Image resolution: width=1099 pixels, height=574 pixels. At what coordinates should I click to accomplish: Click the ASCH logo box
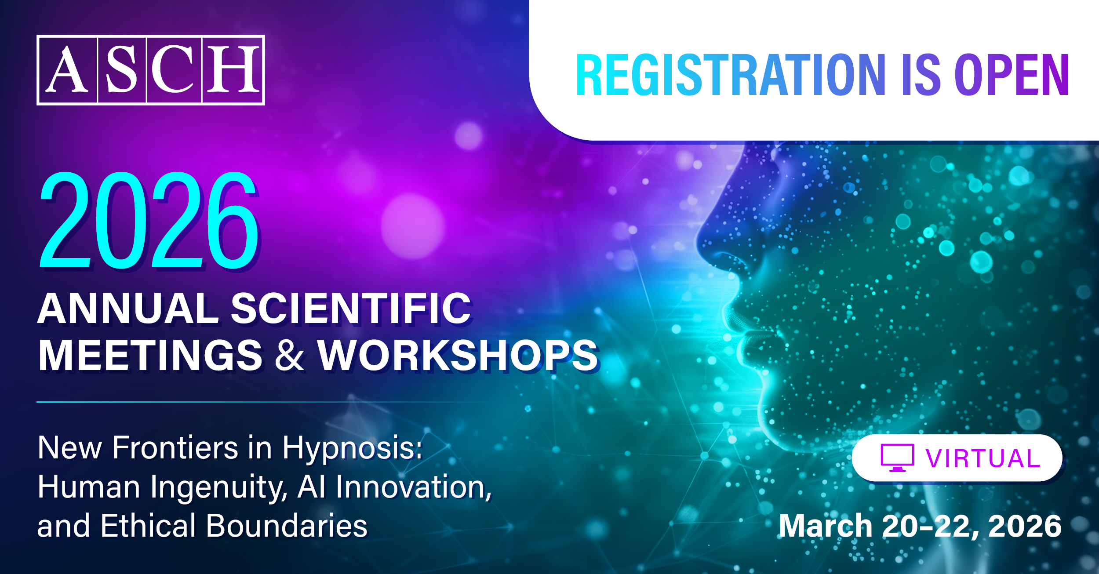click(150, 70)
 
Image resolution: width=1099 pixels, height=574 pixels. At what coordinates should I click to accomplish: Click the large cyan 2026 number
click(149, 220)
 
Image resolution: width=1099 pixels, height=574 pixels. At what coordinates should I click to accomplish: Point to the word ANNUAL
click(128, 309)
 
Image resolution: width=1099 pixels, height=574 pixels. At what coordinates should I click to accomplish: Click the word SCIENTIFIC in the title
click(351, 309)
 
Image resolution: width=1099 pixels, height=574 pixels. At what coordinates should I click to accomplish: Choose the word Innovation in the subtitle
click(414, 487)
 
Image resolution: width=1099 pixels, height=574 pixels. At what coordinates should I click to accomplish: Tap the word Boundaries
click(287, 526)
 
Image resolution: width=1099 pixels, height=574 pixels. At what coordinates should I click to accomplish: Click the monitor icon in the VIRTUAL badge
click(897, 458)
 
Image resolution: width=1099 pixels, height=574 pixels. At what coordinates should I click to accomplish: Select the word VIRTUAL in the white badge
click(983, 458)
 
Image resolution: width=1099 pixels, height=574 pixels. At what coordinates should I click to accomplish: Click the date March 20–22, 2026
click(920, 526)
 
